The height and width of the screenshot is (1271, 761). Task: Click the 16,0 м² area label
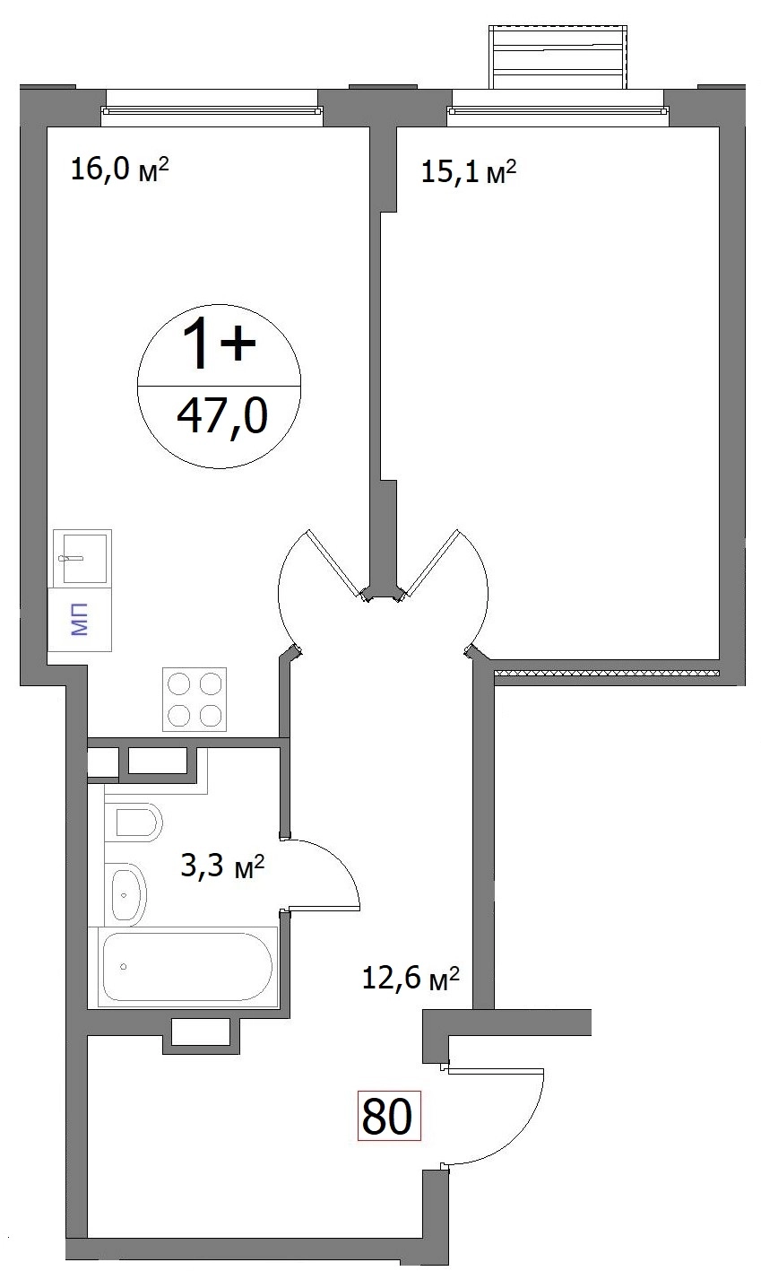(119, 170)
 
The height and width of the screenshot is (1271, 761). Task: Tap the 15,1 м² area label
(469, 171)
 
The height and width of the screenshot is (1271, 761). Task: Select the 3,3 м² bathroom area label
(222, 866)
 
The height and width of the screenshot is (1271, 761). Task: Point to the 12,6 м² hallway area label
(410, 978)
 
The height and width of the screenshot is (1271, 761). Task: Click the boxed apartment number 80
(388, 1115)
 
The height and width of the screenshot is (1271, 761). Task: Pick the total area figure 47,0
(221, 415)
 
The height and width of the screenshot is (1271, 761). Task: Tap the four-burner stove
(195, 699)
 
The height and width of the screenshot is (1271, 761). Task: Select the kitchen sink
(82, 558)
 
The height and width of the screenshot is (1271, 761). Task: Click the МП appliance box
(80, 620)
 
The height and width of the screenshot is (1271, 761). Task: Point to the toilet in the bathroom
(134, 823)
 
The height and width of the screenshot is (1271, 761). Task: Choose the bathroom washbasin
(125, 895)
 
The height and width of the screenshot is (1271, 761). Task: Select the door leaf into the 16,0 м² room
(334, 562)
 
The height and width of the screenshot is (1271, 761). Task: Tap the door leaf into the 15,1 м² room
(431, 562)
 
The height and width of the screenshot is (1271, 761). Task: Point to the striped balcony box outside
(558, 57)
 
